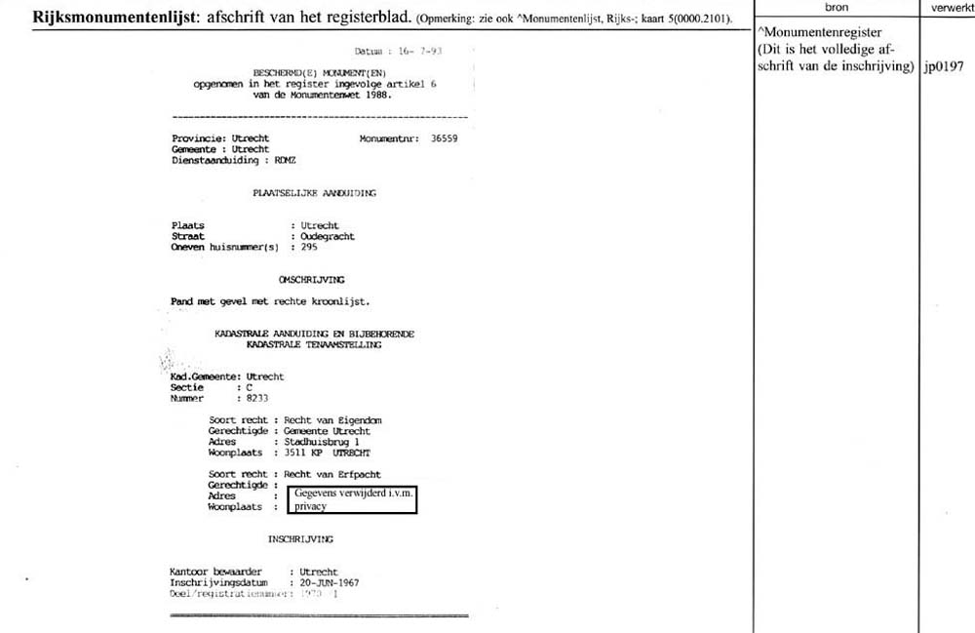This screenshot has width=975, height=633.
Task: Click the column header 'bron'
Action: [837, 7]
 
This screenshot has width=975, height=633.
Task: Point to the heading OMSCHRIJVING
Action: [311, 280]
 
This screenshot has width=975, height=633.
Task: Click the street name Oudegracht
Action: [328, 236]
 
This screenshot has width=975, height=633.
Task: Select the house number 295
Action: [310, 247]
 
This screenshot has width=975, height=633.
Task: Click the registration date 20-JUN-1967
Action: [330, 582]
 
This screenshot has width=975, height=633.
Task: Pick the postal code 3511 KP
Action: [295, 453]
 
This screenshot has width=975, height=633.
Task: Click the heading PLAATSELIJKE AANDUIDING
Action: [314, 193]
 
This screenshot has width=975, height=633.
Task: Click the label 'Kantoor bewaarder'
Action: [211, 572]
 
